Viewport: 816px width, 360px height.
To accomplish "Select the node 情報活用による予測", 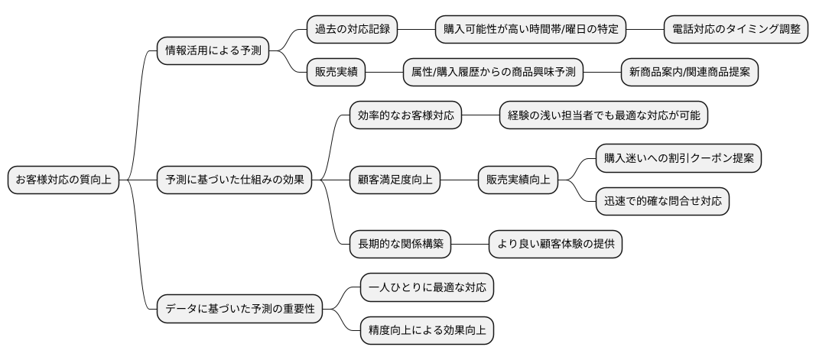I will [x=213, y=51].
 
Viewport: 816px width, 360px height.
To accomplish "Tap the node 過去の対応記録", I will [x=352, y=30].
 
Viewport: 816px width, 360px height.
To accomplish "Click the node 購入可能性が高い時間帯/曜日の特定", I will [x=532, y=30].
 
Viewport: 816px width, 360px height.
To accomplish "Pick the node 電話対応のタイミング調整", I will [x=736, y=30].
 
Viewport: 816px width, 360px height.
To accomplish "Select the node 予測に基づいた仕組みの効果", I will [x=235, y=180].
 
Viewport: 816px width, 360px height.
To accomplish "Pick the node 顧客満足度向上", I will [x=395, y=180].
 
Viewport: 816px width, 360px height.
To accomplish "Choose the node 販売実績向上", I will [x=518, y=180].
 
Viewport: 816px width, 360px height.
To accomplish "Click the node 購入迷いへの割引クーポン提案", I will [x=678, y=158].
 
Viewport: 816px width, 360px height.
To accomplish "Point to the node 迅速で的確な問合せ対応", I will [x=662, y=202].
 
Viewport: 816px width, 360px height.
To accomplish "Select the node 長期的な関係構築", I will [x=400, y=245].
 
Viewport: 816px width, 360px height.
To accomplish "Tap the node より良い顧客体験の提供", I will [x=561, y=245].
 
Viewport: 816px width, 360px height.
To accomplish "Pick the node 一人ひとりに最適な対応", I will [x=427, y=288].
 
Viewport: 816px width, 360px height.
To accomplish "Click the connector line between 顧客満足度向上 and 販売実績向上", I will [x=459, y=180].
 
